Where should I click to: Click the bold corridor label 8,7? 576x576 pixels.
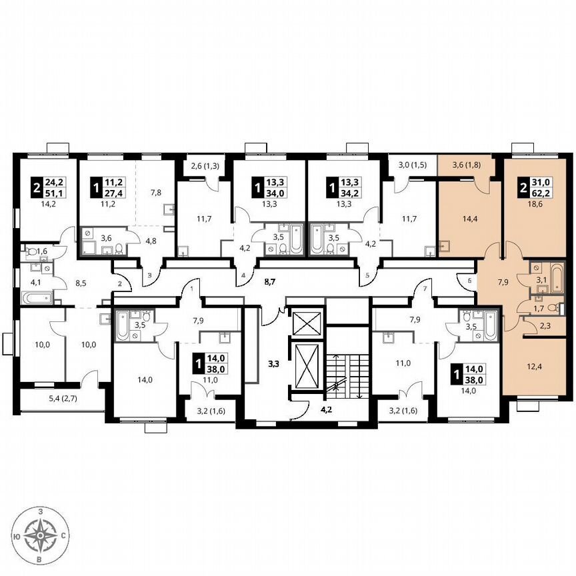[270, 283]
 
